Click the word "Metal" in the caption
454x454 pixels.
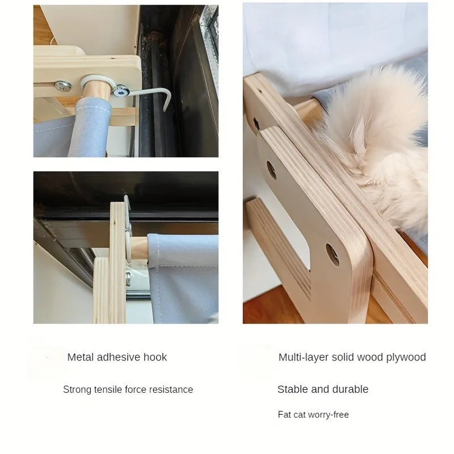(81, 358)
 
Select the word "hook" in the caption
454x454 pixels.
(155, 358)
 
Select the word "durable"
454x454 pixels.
(350, 389)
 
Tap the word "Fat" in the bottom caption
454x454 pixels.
(284, 415)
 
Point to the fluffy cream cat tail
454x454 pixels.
(380, 142)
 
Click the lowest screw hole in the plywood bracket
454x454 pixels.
(332, 254)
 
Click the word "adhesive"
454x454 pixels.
(119, 358)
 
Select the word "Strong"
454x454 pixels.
(76, 390)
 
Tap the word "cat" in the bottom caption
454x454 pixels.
(300, 415)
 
